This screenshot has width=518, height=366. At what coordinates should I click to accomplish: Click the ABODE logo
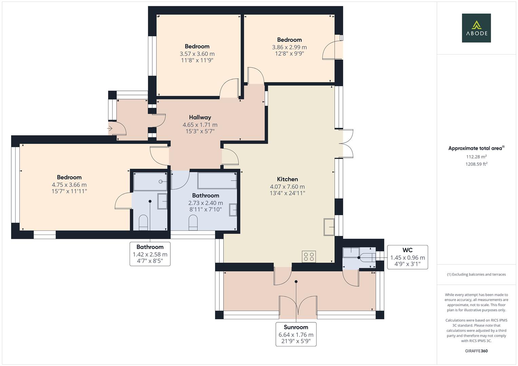tap(476, 28)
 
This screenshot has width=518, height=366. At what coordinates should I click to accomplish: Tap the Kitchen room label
tap(287, 179)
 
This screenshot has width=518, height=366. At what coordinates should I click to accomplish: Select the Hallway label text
tap(200, 117)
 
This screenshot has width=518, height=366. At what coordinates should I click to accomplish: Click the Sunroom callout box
tap(296, 334)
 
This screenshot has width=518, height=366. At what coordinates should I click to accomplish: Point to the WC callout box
tap(407, 257)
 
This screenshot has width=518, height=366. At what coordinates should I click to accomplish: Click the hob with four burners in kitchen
tap(309, 257)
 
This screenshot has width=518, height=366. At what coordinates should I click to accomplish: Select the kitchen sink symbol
tap(329, 227)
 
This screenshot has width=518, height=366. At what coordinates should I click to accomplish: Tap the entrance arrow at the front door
tap(110, 129)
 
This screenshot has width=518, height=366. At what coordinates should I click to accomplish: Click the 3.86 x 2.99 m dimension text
tap(289, 47)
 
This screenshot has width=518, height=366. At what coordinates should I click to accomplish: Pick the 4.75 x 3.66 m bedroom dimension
tap(69, 185)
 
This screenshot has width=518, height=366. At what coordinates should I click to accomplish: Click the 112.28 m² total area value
tap(476, 157)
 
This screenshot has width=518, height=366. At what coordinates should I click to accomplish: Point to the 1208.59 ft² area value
tap(476, 164)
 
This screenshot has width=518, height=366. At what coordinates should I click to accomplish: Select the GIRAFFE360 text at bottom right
tap(476, 351)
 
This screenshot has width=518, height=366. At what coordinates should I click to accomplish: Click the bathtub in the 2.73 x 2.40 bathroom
tap(217, 180)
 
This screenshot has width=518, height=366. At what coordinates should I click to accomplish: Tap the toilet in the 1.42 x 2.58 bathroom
tap(143, 222)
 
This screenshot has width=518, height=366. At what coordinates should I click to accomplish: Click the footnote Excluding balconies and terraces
tap(476, 274)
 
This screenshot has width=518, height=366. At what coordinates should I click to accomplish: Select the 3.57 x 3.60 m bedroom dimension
tap(197, 54)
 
